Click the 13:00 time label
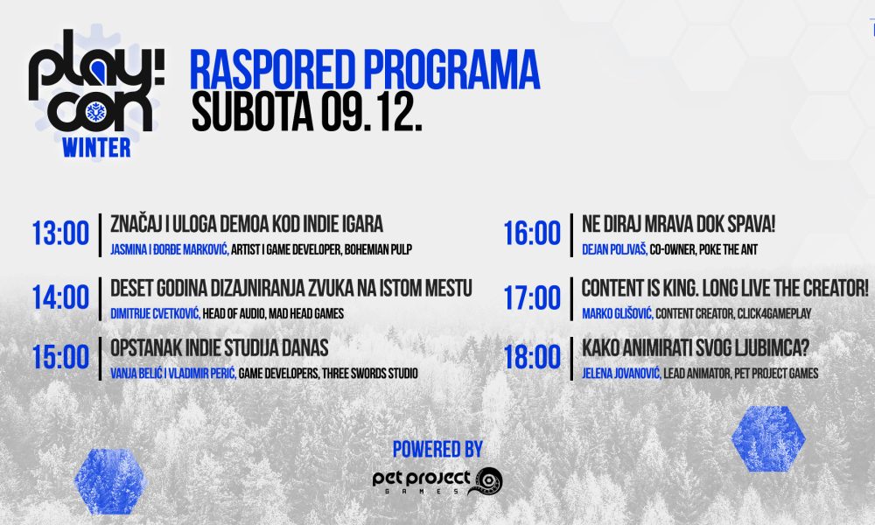[x=60, y=234]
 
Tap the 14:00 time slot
[x=60, y=297]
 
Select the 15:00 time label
[x=60, y=357]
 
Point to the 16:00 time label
[x=532, y=234]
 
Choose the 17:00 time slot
[x=532, y=297]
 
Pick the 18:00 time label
[x=532, y=357]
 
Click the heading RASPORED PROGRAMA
[x=365, y=70]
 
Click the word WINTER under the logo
[x=96, y=148]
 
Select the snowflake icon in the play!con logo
[x=96, y=112]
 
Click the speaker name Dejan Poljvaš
[x=614, y=250]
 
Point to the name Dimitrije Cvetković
[x=155, y=313]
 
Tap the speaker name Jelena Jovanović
[x=621, y=374]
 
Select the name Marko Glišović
[x=617, y=313]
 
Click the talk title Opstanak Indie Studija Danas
[x=220, y=348]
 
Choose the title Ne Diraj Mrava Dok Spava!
[x=679, y=224]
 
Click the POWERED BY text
[x=437, y=449]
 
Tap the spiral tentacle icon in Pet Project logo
[x=486, y=481]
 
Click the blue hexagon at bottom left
[x=110, y=481]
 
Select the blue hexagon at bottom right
[x=768, y=439]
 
